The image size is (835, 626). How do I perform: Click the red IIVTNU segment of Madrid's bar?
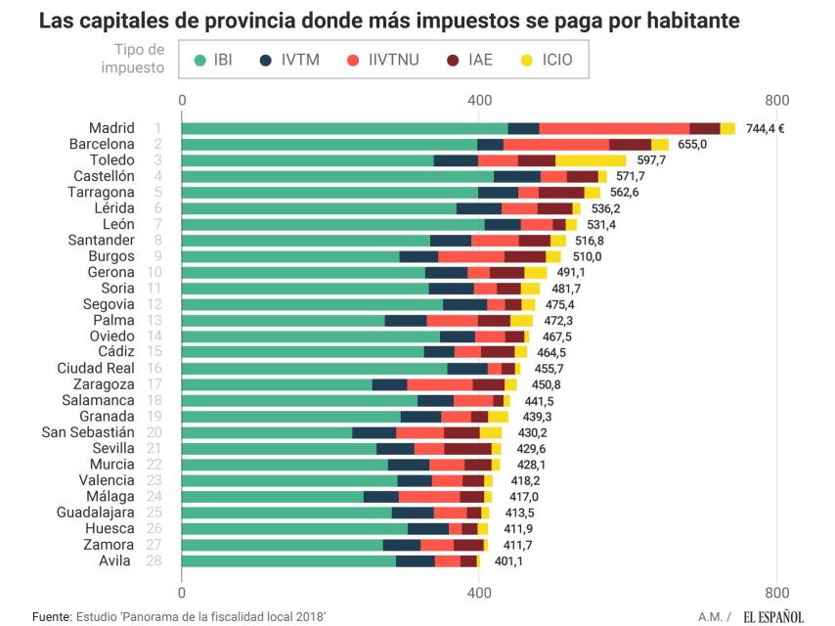pyautogui.click(x=614, y=128)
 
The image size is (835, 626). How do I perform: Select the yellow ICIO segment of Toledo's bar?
pyautogui.click(x=591, y=160)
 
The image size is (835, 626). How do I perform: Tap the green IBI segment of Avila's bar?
pyautogui.click(x=288, y=560)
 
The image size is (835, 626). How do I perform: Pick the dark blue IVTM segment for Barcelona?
pyautogui.click(x=490, y=145)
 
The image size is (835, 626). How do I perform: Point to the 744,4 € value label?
pyautogui.click(x=765, y=128)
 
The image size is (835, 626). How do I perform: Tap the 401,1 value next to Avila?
pyautogui.click(x=507, y=561)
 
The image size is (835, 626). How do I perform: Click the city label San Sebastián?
pyautogui.click(x=88, y=432)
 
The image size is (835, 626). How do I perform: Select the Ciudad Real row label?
pyautogui.click(x=96, y=368)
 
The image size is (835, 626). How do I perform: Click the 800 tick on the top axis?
pyautogui.click(x=776, y=100)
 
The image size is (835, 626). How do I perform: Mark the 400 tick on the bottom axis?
pyautogui.click(x=479, y=593)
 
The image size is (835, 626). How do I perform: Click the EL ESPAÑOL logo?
pyautogui.click(x=772, y=616)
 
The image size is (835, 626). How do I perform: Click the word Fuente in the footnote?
pyautogui.click(x=51, y=617)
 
